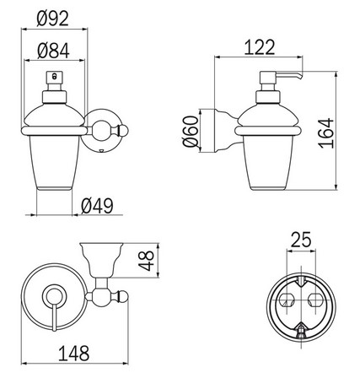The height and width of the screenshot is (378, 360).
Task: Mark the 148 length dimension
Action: pos(74,355)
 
